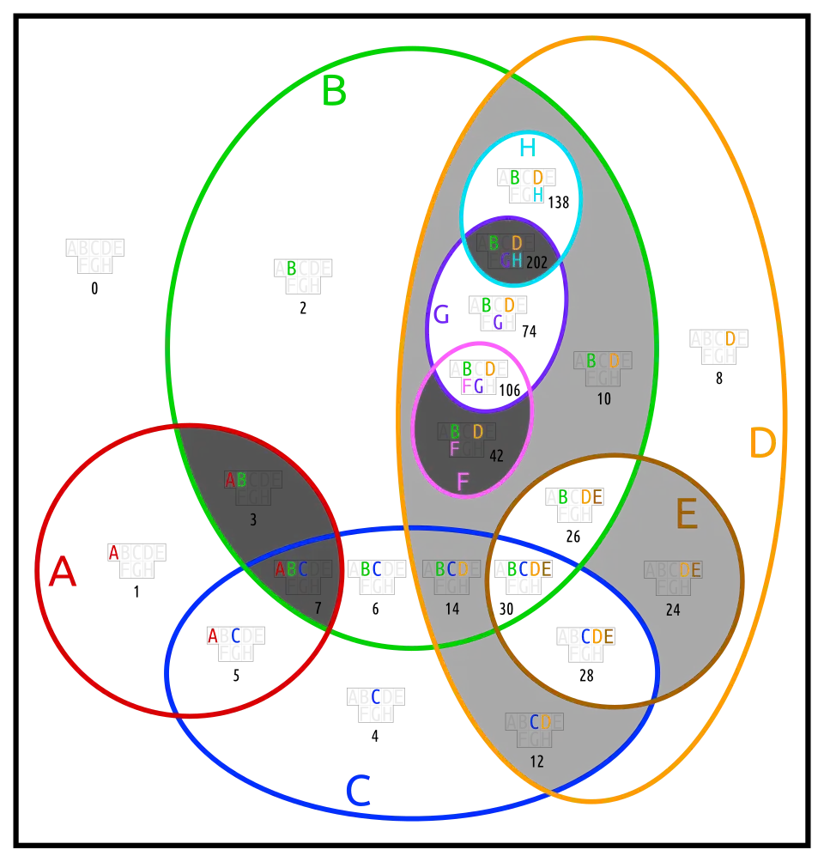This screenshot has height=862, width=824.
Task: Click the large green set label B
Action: (334, 92)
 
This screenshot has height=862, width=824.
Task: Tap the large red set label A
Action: (62, 572)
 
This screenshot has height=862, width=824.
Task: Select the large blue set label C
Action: (357, 791)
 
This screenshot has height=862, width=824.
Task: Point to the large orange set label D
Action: (761, 444)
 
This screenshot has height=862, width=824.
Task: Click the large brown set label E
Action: (686, 515)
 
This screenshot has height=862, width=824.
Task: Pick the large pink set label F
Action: (463, 483)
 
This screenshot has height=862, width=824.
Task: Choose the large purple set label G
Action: (441, 315)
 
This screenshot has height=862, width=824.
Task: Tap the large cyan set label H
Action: (526, 148)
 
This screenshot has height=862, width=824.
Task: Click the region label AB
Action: (235, 480)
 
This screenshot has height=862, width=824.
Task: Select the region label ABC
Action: (291, 569)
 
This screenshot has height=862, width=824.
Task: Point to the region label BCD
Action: (451, 569)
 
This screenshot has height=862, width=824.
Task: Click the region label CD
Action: (540, 722)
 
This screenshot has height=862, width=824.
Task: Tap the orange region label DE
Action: (690, 570)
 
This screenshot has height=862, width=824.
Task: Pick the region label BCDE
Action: (529, 569)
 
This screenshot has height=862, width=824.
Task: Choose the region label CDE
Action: (597, 636)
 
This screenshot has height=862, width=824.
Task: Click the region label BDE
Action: (579, 497)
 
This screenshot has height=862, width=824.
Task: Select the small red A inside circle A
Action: (113, 553)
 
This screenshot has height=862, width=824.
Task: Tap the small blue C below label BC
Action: (376, 697)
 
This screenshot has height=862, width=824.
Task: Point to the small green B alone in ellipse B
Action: (292, 268)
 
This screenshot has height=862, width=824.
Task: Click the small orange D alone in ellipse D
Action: (730, 339)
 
